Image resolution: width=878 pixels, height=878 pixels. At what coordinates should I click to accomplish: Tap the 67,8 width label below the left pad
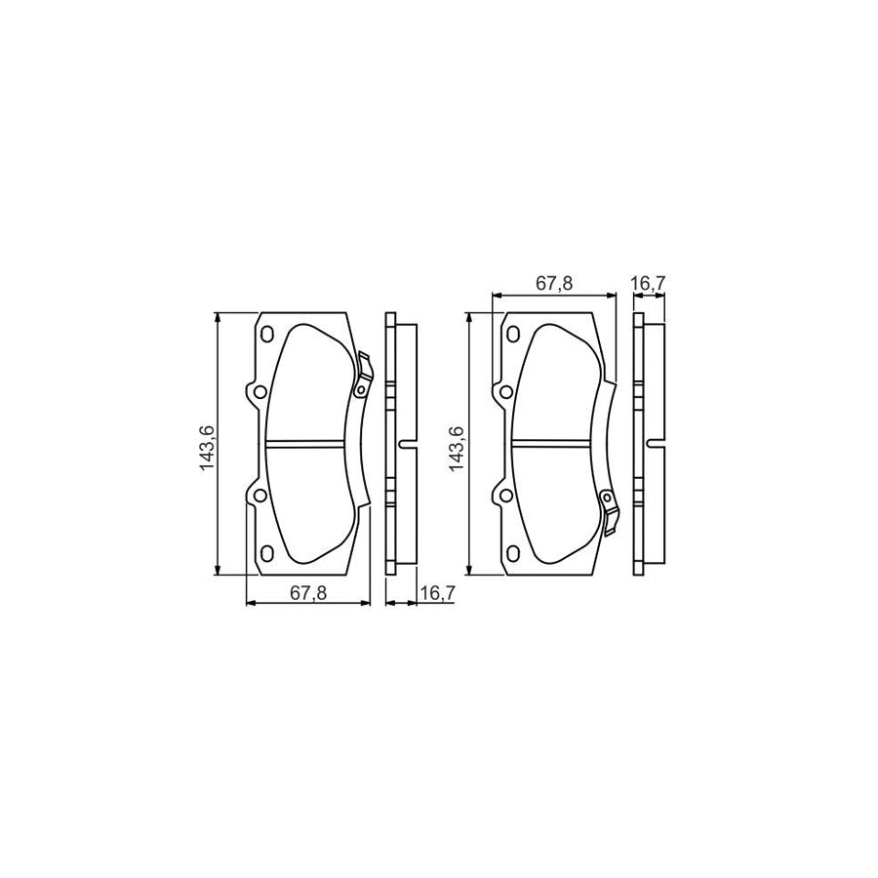(x=309, y=592)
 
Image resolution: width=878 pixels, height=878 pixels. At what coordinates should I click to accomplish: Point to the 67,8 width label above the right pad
(x=554, y=284)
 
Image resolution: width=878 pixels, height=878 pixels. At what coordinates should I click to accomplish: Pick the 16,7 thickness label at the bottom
(x=433, y=592)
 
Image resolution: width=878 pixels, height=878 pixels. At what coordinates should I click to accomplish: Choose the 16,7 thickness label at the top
(x=649, y=284)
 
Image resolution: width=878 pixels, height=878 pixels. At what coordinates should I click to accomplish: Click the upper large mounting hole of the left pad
(x=259, y=392)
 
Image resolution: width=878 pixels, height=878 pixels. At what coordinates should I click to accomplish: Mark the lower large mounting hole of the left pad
(x=259, y=496)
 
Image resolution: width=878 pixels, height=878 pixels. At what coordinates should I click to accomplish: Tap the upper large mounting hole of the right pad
(x=505, y=392)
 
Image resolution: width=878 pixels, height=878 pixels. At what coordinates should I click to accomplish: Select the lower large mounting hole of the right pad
(x=505, y=496)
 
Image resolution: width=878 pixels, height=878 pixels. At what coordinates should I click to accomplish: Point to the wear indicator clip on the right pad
(x=609, y=511)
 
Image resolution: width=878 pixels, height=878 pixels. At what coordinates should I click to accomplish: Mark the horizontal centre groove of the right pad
(x=553, y=444)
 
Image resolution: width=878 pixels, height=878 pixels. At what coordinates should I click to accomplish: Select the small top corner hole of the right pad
(x=512, y=335)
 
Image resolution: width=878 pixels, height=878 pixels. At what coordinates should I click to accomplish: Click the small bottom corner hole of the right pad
(x=512, y=553)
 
